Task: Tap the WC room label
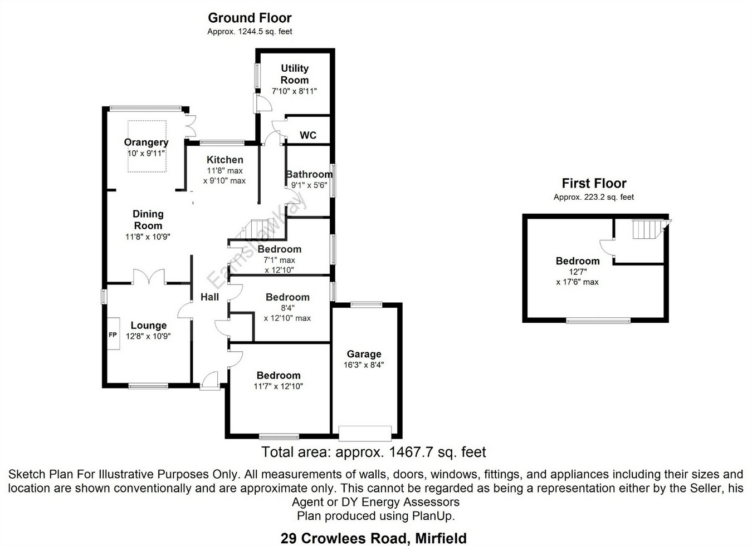pos(308,135)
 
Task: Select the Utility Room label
pos(295,74)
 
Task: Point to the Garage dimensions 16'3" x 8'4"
pos(364,365)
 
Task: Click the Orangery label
pos(146,142)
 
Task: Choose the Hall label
pos(209,297)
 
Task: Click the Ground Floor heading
pos(250,18)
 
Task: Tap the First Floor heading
pos(594,183)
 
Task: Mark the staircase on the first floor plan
pos(647,229)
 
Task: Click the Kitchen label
pos(225,160)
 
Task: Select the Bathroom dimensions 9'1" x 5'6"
pos(309,185)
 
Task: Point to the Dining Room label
pos(148,220)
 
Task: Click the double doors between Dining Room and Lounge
pos(149,277)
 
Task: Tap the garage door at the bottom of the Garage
pos(365,432)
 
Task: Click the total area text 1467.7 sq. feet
pos(374,452)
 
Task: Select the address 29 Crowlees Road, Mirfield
pos(374,538)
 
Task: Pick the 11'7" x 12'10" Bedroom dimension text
pos(279,386)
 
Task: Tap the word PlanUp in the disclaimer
pos(433,516)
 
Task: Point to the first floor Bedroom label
pos(578,261)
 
